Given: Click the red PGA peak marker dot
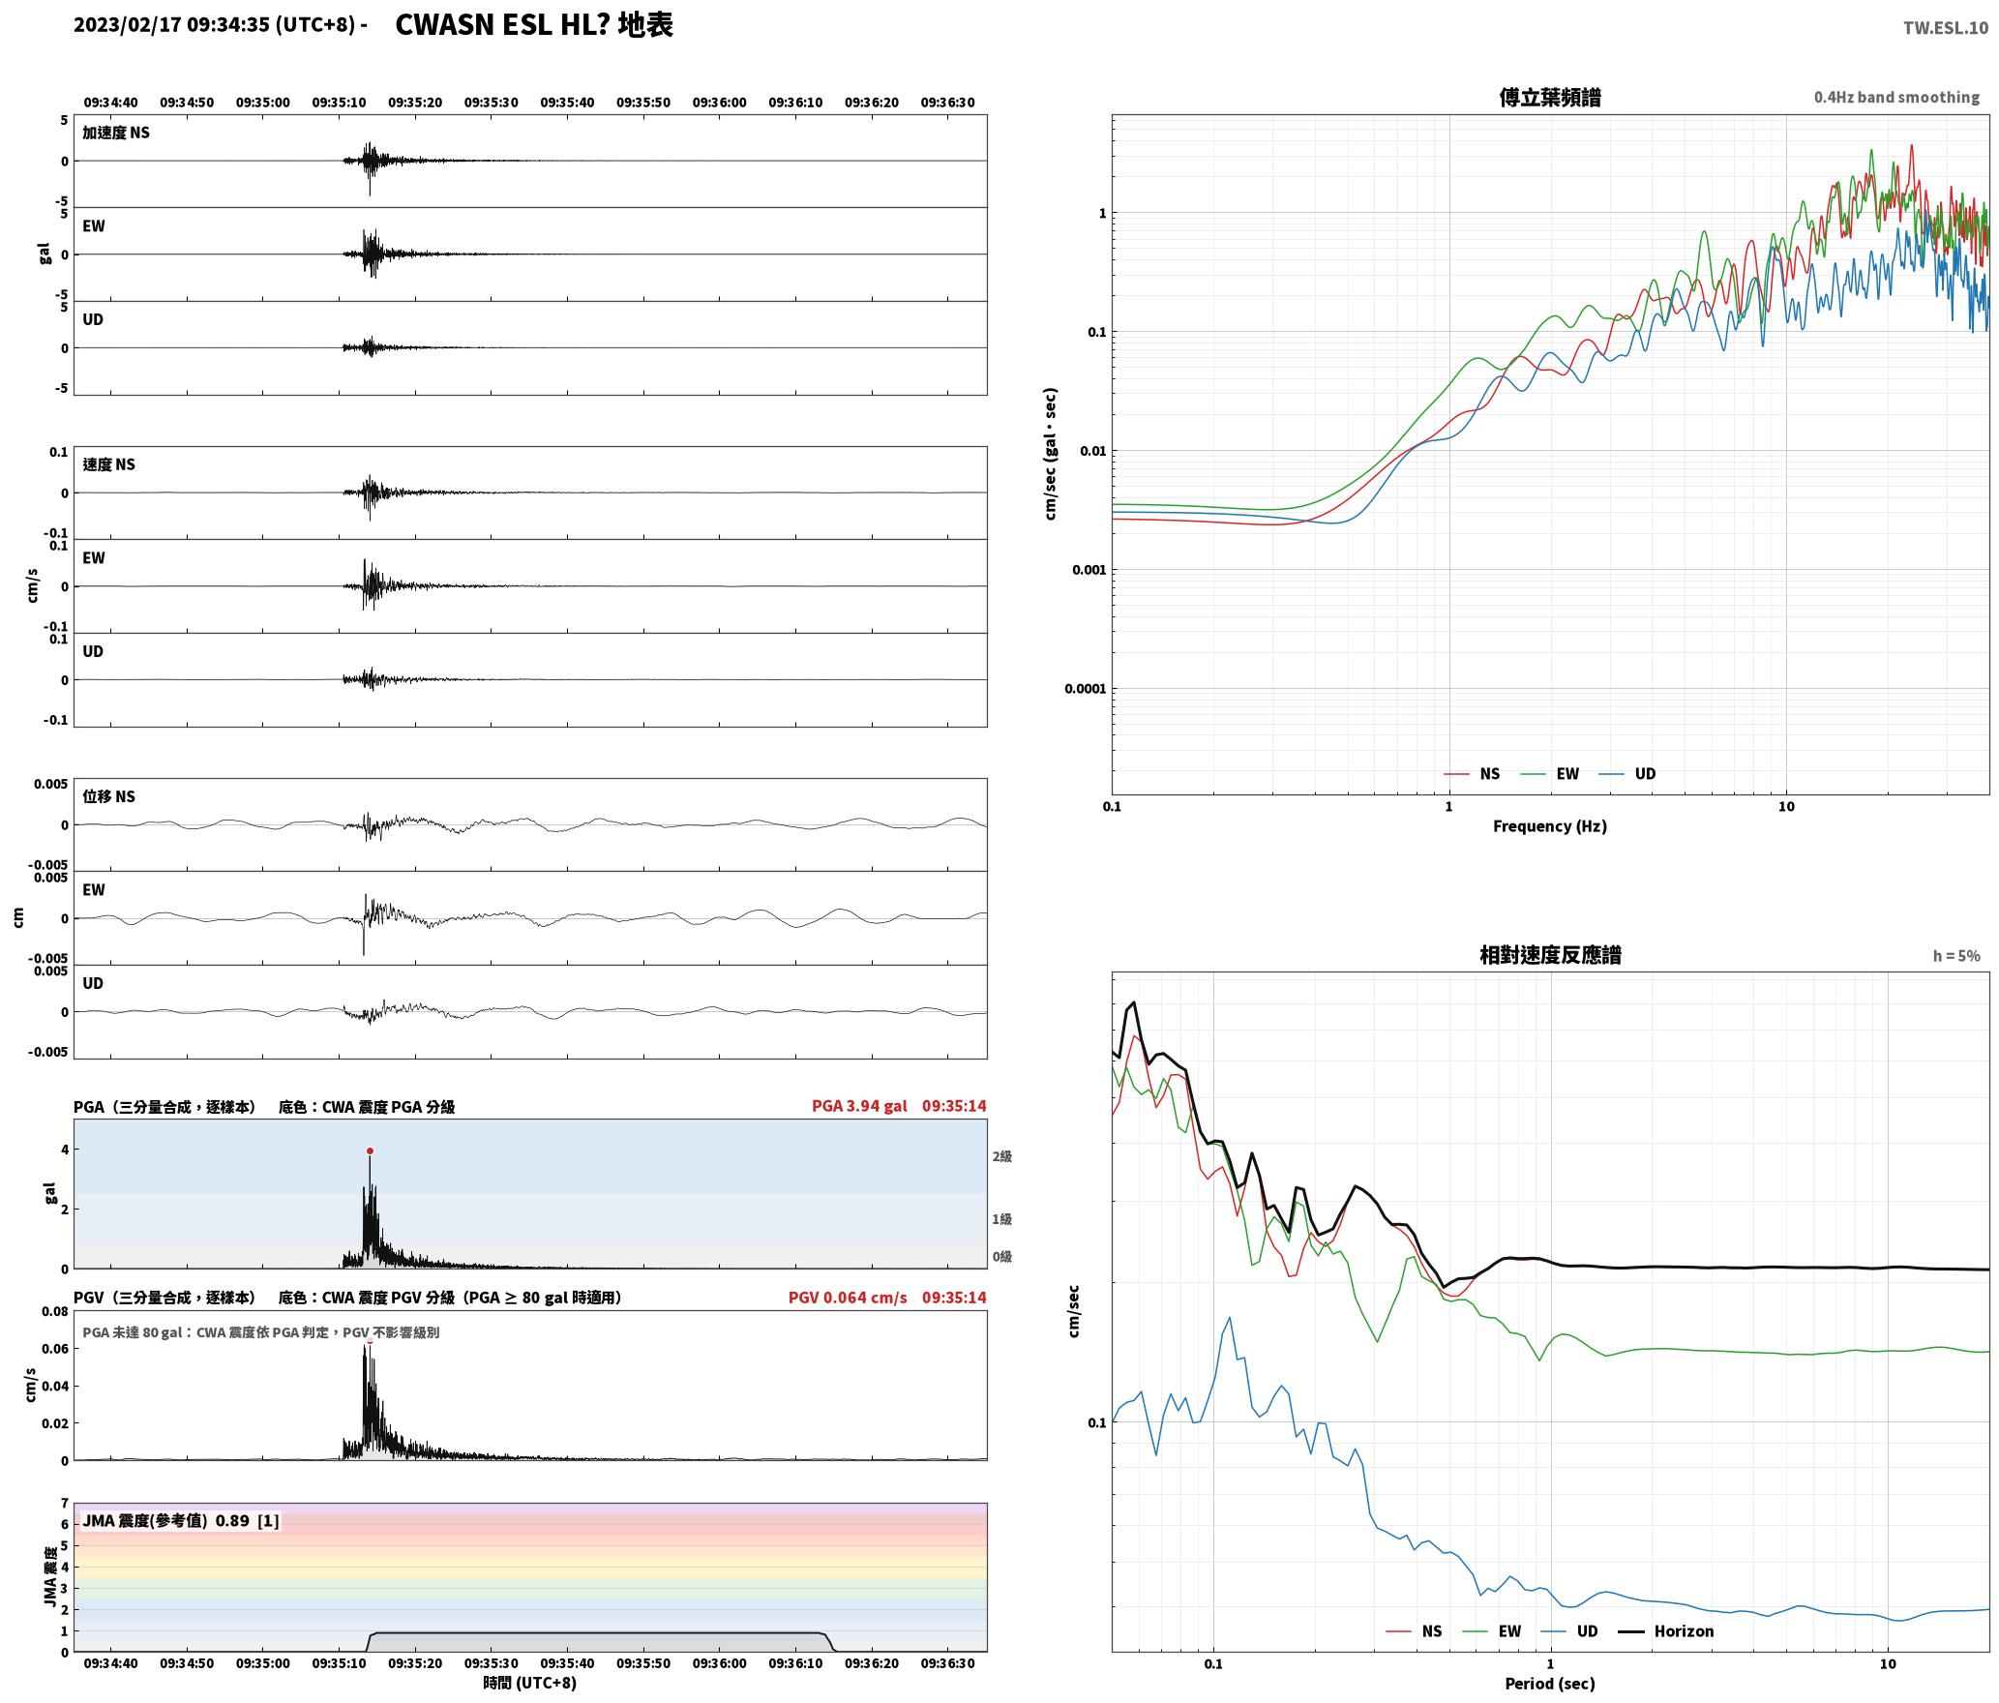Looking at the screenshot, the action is tap(370, 1150).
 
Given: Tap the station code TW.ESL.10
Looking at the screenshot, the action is tap(1946, 28).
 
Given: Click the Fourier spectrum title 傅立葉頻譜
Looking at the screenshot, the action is tap(1549, 98).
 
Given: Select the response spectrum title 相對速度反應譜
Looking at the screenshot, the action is tap(1550, 955).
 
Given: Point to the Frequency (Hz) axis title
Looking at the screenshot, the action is tap(1549, 825).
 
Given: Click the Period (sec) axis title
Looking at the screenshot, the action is tap(1549, 1683).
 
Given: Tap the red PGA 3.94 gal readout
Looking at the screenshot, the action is tap(859, 1106).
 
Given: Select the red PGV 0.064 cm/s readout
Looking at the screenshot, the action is tap(848, 1298).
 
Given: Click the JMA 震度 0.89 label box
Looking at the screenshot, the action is tap(181, 1520).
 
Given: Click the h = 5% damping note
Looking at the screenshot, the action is tap(1956, 956).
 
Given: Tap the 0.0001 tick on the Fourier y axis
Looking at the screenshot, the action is tap(1085, 689).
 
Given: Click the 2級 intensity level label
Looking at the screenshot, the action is tap(1001, 1156).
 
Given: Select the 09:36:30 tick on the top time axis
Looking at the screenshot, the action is tap(947, 102).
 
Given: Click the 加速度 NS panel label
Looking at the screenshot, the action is tap(116, 133).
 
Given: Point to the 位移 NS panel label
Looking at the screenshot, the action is tap(108, 796).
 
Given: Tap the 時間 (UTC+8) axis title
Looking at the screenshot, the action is tap(529, 1683).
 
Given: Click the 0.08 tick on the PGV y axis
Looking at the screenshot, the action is tap(55, 1312).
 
